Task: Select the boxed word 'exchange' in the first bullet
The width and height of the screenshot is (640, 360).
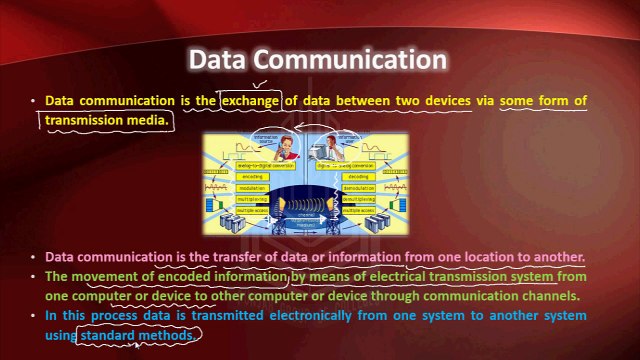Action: pyautogui.click(x=251, y=101)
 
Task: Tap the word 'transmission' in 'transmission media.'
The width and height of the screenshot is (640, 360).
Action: pyautogui.click(x=90, y=119)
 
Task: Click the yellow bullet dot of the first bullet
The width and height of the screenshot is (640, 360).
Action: pyautogui.click(x=32, y=102)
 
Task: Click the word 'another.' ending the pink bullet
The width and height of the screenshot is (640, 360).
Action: pyautogui.click(x=555, y=257)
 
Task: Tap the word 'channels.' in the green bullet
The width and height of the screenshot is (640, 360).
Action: pyautogui.click(x=543, y=296)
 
